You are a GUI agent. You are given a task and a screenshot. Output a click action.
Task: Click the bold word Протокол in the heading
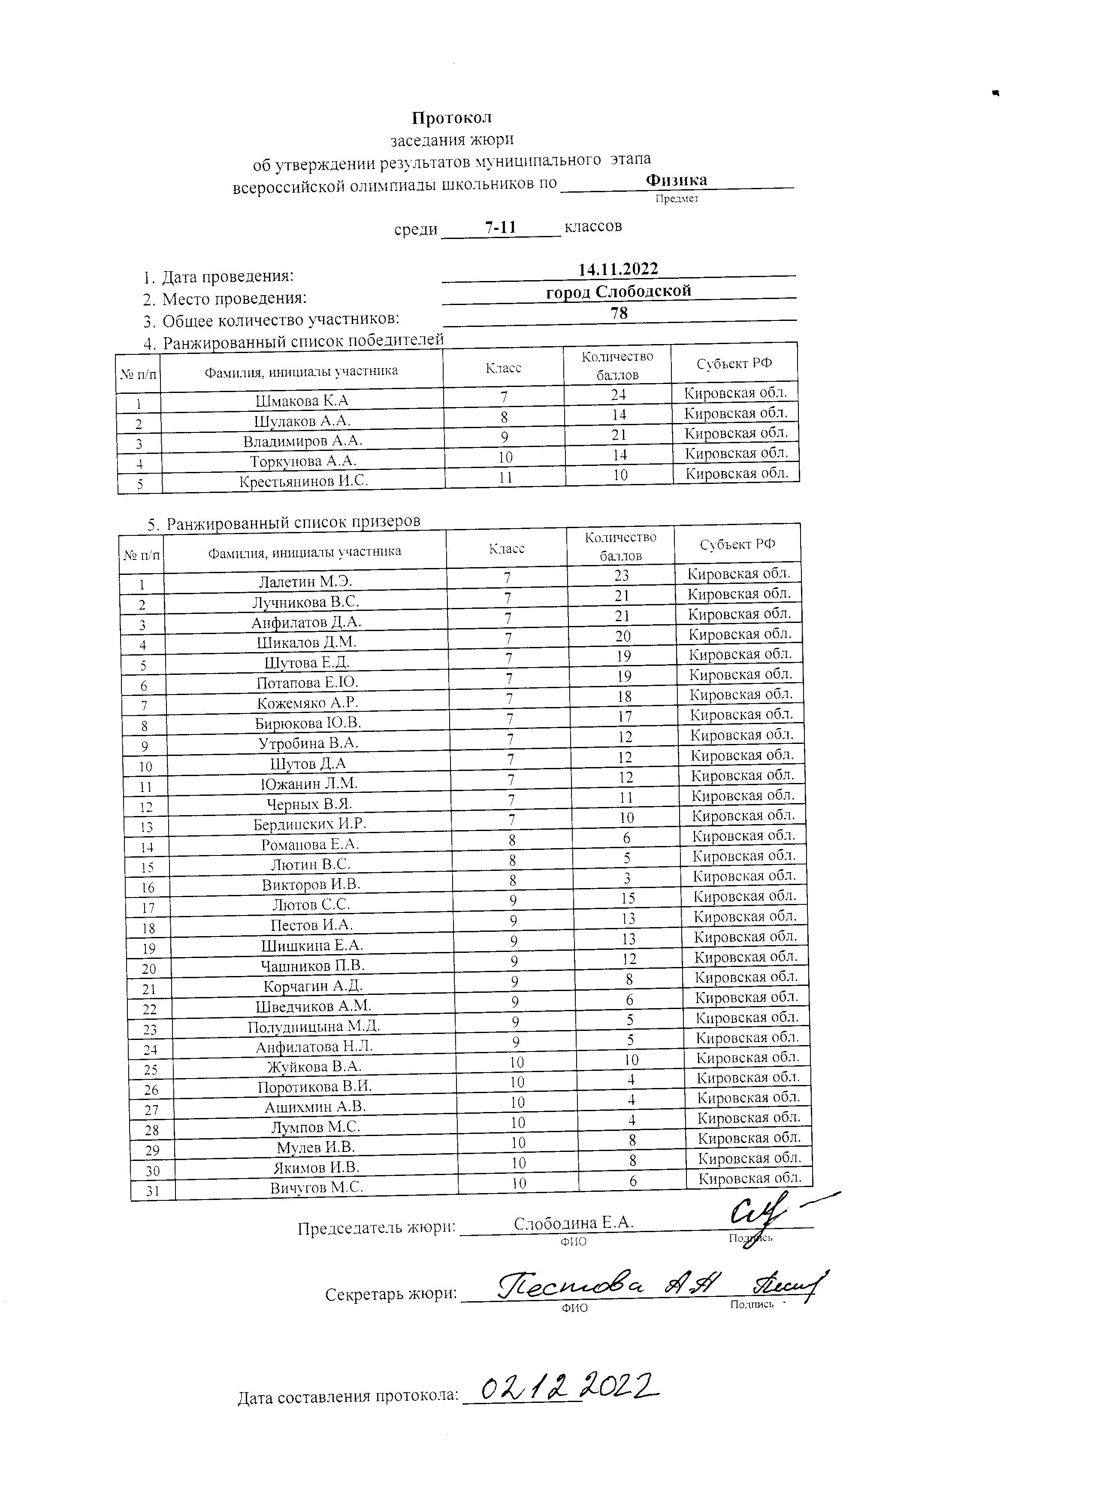pyautogui.click(x=451, y=118)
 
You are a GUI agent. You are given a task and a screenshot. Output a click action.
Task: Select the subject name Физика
pyautogui.click(x=676, y=180)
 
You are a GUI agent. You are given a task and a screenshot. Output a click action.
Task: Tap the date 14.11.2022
pyautogui.click(x=618, y=269)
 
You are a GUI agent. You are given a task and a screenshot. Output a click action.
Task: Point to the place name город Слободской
pyautogui.click(x=618, y=291)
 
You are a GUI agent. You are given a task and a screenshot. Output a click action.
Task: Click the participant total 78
pyautogui.click(x=619, y=313)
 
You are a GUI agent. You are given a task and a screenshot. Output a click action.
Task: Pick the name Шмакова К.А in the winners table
pyautogui.click(x=302, y=401)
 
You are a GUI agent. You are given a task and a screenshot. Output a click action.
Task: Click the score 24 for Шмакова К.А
pyautogui.click(x=618, y=395)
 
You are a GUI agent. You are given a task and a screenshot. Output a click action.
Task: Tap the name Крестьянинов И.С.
pyautogui.click(x=303, y=481)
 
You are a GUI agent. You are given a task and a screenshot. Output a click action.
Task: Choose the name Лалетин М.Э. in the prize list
pyautogui.click(x=305, y=582)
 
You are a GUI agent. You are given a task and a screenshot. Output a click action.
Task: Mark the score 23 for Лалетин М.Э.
pyautogui.click(x=621, y=575)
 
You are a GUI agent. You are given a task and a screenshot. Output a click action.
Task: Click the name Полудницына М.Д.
pyautogui.click(x=314, y=1027)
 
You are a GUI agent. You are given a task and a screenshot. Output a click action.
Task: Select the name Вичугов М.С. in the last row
pyautogui.click(x=317, y=1188)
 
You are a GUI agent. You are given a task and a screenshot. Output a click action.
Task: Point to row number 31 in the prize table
pyautogui.click(x=153, y=1191)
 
